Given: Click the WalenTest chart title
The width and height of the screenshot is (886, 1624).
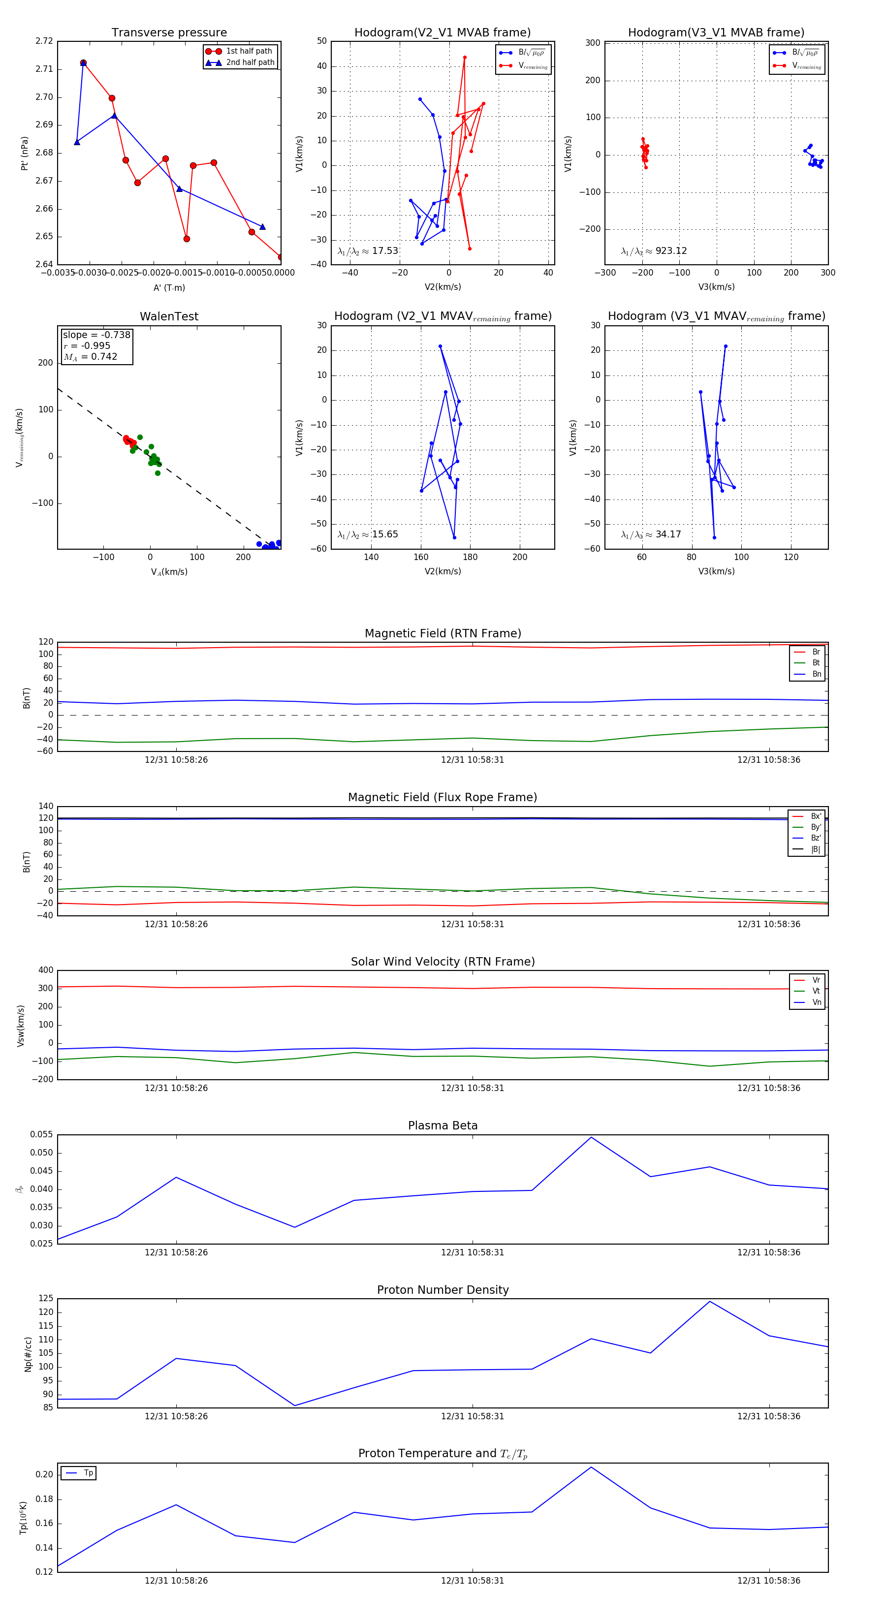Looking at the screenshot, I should [x=169, y=316].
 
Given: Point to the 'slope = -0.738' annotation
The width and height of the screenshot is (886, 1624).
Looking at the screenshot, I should [x=96, y=335].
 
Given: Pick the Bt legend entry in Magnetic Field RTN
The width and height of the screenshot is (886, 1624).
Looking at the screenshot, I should [x=816, y=662].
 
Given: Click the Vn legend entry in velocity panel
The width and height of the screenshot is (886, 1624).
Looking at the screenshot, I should [x=816, y=1002].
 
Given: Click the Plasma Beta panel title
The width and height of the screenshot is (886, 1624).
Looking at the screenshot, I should [x=443, y=1125].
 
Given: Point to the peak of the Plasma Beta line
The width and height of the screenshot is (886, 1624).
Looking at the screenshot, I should [x=591, y=1137].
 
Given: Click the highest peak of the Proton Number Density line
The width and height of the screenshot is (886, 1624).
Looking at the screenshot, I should [x=709, y=1301].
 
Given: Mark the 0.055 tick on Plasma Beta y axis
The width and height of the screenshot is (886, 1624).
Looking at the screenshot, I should [x=42, y=1135].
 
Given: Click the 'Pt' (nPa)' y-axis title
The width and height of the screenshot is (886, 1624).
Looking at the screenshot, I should [x=25, y=153].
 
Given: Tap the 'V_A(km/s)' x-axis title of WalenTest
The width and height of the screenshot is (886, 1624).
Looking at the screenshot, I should [x=169, y=572].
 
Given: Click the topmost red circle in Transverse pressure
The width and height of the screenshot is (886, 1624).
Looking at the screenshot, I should [x=83, y=63].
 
